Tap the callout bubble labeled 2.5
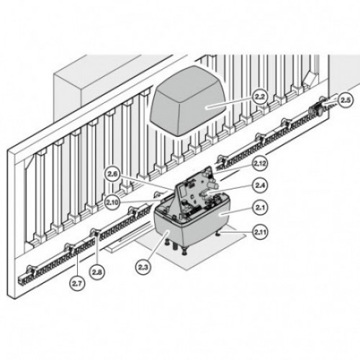[x=346, y=101]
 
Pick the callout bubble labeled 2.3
[x=144, y=267]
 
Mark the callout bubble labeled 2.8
[x=96, y=272]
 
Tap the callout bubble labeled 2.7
[x=77, y=284]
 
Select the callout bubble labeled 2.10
[x=112, y=202]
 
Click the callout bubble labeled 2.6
[x=112, y=174]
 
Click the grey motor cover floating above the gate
[x=188, y=101]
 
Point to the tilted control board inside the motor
[x=192, y=189]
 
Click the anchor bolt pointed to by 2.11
[x=218, y=233]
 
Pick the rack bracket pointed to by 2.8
[x=96, y=233]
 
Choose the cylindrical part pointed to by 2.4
[x=203, y=194]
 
